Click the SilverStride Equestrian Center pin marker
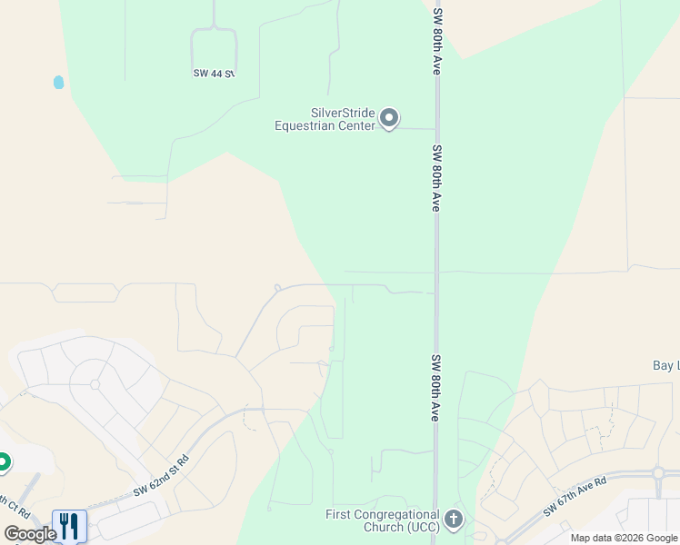[x=389, y=118]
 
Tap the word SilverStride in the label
[x=343, y=113]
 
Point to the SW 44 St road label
[x=214, y=73]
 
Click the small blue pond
[x=59, y=82]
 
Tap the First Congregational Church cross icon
[x=454, y=520]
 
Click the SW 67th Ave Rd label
[x=575, y=496]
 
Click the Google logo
[x=29, y=534]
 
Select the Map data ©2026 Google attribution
[x=624, y=539]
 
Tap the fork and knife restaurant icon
[x=69, y=525]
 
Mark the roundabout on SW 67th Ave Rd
[x=657, y=473]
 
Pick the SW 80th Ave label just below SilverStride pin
[x=436, y=178]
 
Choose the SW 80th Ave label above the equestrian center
[x=437, y=43]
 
